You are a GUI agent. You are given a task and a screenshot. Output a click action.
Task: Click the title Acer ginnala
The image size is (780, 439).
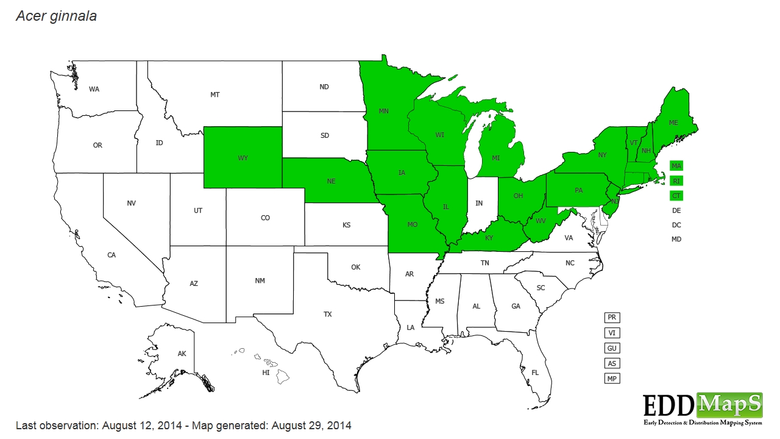pos(56,16)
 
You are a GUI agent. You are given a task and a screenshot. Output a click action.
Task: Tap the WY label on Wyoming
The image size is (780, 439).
pos(243,158)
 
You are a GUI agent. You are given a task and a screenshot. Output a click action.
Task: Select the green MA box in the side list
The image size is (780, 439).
pos(676,166)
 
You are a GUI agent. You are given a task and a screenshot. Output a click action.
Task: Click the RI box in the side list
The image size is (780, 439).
pos(676,181)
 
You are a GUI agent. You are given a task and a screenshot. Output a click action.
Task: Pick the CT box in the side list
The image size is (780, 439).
pos(676,196)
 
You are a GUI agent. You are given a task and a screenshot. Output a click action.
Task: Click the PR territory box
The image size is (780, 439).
pos(612,318)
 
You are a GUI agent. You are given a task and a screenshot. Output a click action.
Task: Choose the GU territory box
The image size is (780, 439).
pos(612,348)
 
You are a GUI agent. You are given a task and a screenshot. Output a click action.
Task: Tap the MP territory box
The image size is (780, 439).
pos(612,379)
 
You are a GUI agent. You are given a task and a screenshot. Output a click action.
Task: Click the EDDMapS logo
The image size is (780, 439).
pos(703,409)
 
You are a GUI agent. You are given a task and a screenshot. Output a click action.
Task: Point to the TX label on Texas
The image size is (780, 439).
pos(328,315)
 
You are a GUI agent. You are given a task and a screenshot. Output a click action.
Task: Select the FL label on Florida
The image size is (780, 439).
pos(535,373)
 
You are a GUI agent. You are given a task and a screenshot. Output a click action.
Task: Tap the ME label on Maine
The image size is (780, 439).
pos(673,123)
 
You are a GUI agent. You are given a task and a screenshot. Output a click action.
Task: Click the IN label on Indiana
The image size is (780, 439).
pos(479,203)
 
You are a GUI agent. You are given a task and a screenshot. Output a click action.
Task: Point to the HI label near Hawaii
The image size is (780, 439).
pos(266,373)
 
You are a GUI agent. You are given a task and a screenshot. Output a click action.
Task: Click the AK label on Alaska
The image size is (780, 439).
pos(182,354)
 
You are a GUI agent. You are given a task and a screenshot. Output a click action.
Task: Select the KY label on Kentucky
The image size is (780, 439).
pos(489,238)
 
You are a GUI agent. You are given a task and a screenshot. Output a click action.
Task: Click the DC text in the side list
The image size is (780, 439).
pos(676,225)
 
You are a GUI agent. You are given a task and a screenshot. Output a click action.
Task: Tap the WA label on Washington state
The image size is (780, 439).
pos(94,90)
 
